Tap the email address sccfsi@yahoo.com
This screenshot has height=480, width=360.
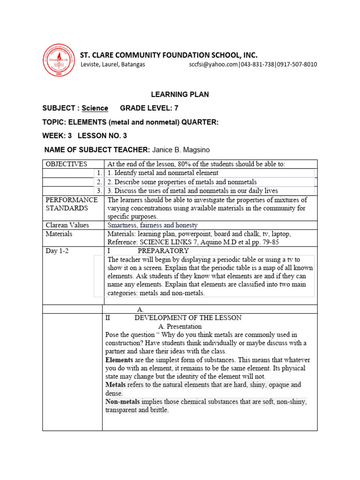tap(214, 64)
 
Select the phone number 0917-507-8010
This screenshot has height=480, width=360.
tap(296, 64)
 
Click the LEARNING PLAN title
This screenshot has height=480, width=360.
tap(180, 95)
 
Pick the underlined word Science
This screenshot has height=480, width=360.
tap(95, 108)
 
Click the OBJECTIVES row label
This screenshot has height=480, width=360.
tap(66, 164)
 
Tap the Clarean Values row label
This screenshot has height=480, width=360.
tap(68, 225)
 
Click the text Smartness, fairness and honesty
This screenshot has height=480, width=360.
tap(152, 225)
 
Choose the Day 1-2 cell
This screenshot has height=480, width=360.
tap(57, 251)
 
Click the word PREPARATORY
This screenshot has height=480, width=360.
tap(163, 251)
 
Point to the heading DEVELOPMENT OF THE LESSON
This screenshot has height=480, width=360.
tap(188, 317)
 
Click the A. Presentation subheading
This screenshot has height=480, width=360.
tap(180, 326)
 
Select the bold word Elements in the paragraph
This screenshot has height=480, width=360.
tap(120, 360)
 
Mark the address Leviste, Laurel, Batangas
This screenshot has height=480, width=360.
tap(113, 64)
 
